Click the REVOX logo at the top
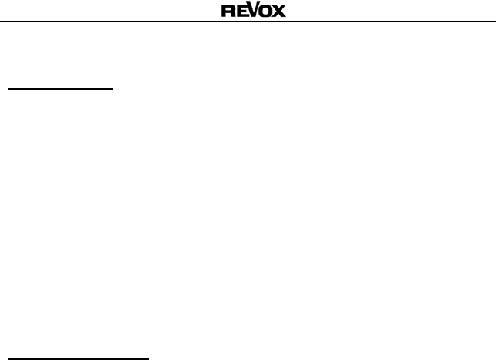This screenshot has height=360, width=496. click(253, 11)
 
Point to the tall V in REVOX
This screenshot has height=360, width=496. click(251, 10)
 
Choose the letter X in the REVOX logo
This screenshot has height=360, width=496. click(278, 12)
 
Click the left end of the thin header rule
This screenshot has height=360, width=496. click(2, 21)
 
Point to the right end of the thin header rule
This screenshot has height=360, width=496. click(494, 21)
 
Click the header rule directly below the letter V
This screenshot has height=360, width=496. click(251, 21)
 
